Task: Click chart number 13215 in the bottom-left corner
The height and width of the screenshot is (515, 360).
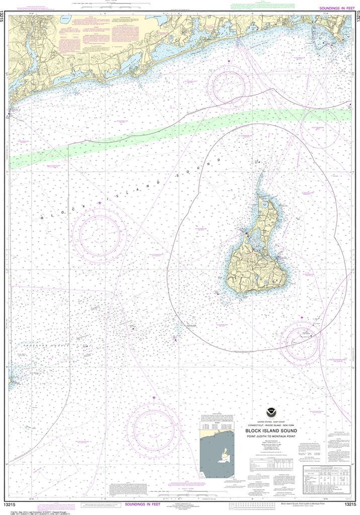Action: (x=14, y=504)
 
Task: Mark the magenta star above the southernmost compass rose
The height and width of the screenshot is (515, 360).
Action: (x=154, y=398)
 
